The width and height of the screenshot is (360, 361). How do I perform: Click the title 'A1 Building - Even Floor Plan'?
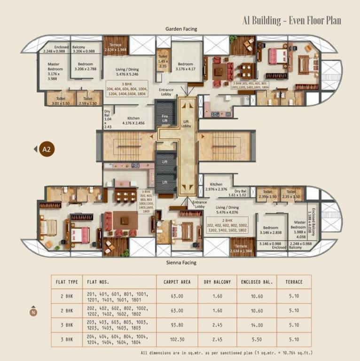291,21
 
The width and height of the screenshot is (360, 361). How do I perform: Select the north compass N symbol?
33,311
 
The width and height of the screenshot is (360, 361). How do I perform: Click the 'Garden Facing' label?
181,29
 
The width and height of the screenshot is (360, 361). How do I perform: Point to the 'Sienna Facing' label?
181,263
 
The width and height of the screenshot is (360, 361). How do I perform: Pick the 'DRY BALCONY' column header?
217,282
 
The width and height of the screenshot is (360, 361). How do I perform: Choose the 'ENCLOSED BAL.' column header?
257,282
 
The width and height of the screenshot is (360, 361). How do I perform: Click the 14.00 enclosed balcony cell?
257,325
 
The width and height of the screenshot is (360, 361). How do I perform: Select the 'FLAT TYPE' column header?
67,282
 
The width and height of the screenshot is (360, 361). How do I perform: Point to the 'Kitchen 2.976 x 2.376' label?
216,187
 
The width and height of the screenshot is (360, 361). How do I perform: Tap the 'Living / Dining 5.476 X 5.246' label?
127,71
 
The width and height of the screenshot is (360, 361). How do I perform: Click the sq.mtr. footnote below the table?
227,352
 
